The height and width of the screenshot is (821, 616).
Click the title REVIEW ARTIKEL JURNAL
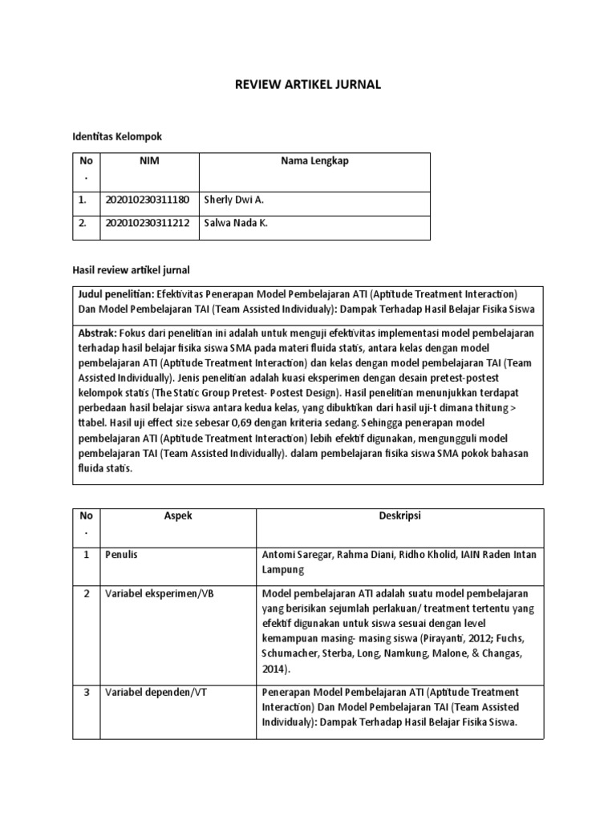pyautogui.click(x=307, y=85)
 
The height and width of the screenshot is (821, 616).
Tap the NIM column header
pyautogui.click(x=149, y=161)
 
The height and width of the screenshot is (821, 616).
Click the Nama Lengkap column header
pyautogui.click(x=314, y=161)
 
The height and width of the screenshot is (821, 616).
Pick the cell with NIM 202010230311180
pyautogui.click(x=148, y=200)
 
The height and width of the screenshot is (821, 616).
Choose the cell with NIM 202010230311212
pyautogui.click(x=148, y=223)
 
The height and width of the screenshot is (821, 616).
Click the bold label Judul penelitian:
pyautogui.click(x=116, y=294)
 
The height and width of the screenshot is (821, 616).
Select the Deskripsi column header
pyautogui.click(x=399, y=516)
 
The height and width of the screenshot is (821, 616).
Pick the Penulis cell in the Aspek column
pyautogui.click(x=122, y=555)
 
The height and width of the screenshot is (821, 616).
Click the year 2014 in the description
pyautogui.click(x=274, y=668)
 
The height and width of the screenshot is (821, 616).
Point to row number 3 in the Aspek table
pyautogui.click(x=87, y=692)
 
